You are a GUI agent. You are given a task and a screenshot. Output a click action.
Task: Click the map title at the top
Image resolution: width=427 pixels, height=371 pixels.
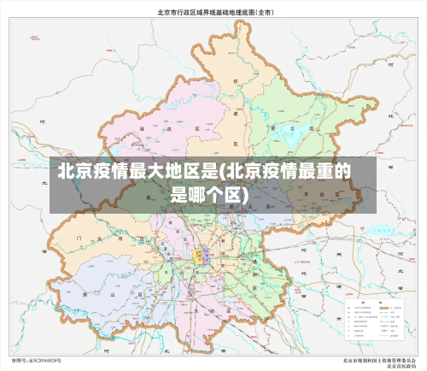coord(213,13)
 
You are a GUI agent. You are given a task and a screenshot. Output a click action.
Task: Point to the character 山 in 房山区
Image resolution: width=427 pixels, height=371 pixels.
coord(111,293)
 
